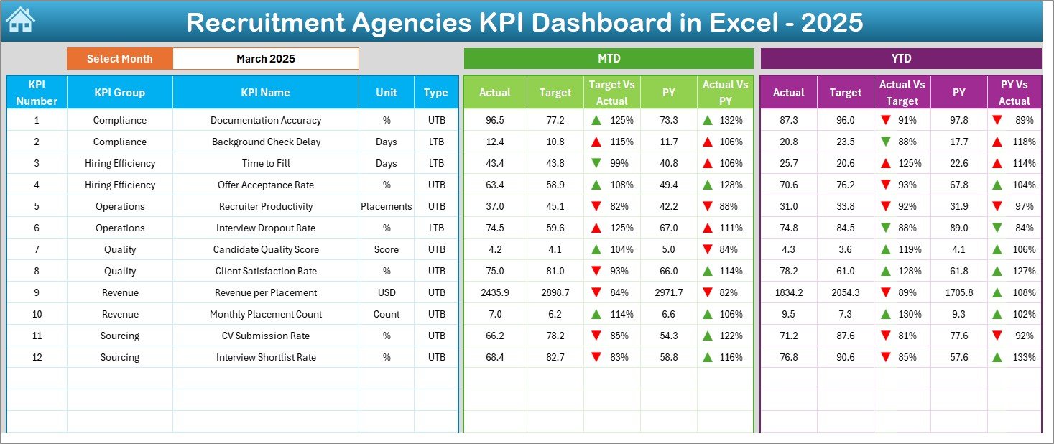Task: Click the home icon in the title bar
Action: pos(20,21)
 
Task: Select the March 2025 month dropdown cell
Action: pos(265,59)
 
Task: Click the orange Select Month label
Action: pos(119,59)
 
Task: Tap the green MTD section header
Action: pos(609,59)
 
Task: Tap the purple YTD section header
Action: pos(900,59)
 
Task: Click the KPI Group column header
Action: pos(119,92)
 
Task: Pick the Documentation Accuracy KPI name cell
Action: pos(265,120)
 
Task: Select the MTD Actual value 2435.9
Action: pos(494,292)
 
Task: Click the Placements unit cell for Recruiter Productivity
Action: pos(387,206)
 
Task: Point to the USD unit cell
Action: pos(387,292)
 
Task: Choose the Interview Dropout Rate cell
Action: pos(265,228)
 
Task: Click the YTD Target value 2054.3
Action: pos(845,292)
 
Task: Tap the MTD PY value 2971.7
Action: pos(668,292)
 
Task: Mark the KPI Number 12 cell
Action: pos(37,357)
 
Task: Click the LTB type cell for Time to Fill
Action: pos(436,163)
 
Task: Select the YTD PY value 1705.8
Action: pos(958,292)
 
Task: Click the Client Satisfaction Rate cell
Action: pos(265,271)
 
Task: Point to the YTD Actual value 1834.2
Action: pos(788,292)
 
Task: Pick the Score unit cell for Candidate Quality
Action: pos(387,249)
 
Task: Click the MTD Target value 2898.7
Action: pos(555,292)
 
